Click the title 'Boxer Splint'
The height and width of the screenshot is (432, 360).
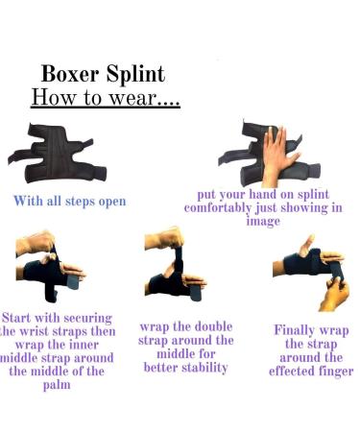tap(103, 74)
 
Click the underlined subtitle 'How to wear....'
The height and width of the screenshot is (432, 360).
tap(106, 98)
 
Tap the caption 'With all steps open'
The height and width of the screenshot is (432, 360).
tap(69, 202)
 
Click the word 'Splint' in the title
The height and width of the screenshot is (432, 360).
tap(135, 74)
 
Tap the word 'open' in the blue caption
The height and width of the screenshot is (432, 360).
tap(108, 203)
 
